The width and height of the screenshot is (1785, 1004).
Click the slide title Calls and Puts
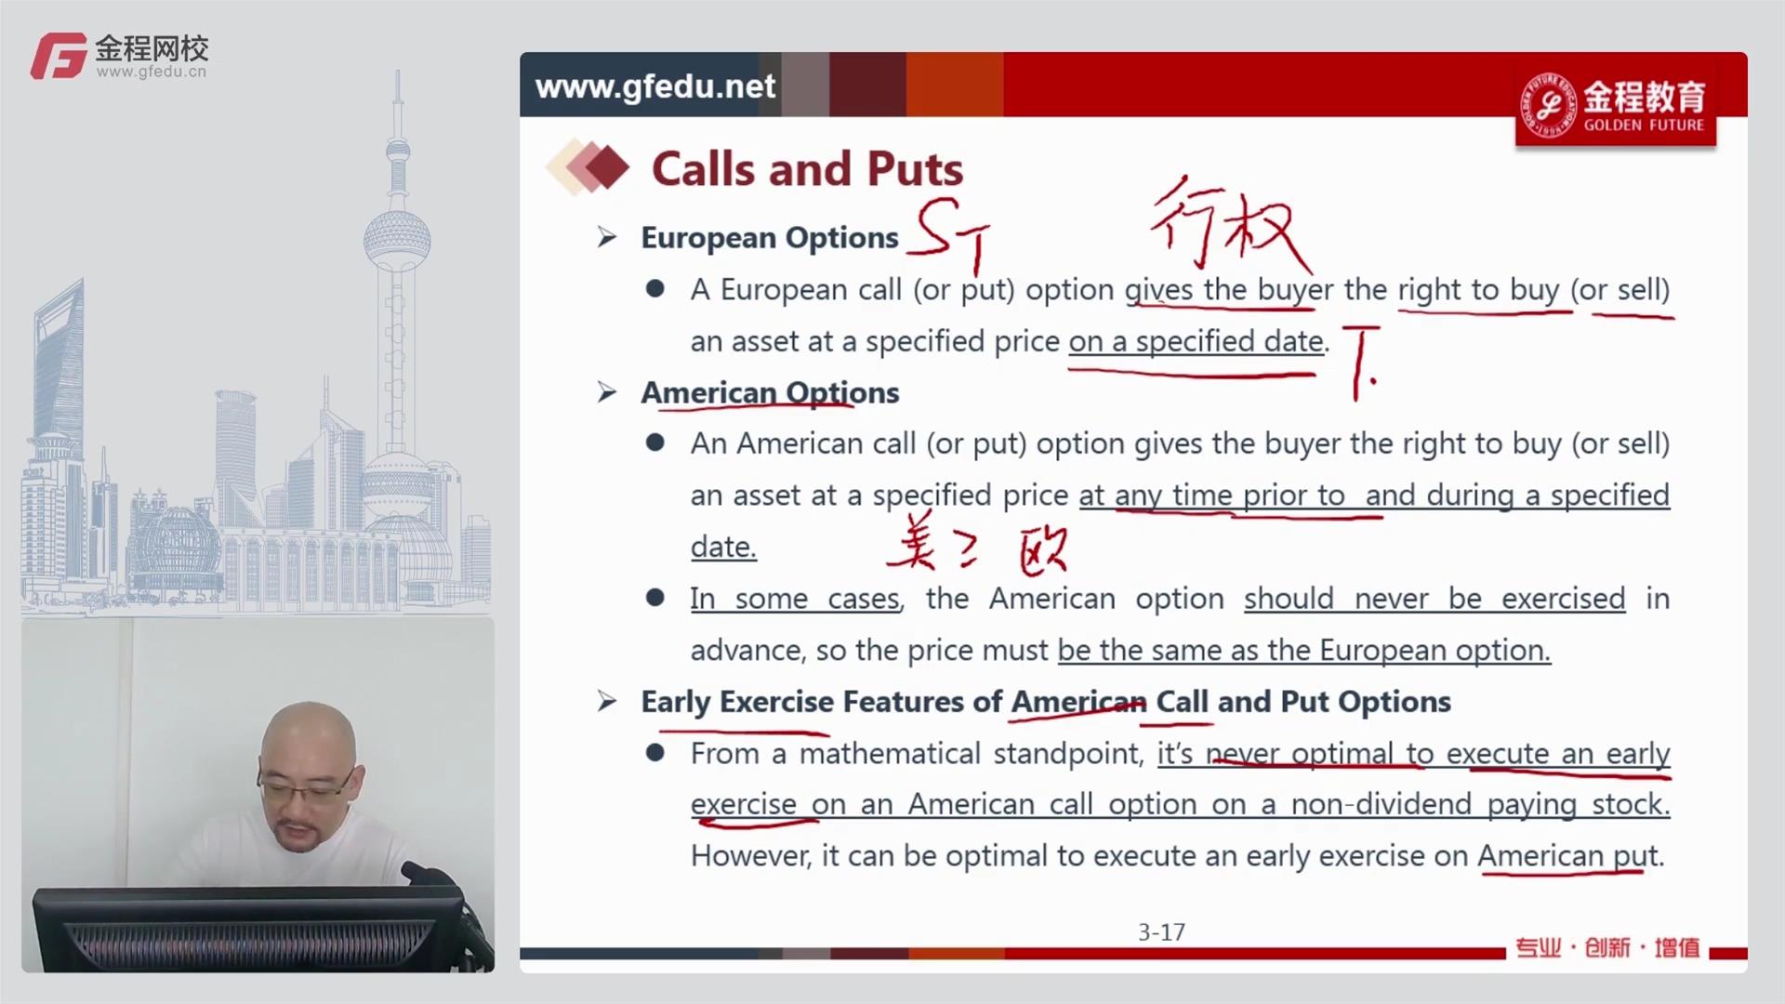click(807, 169)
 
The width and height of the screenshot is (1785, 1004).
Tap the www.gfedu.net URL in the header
click(655, 86)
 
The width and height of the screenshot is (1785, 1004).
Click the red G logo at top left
click(59, 56)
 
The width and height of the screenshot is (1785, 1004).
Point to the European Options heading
click(770, 238)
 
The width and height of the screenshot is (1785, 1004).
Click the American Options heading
click(770, 392)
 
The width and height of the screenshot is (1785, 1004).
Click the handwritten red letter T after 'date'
click(1362, 362)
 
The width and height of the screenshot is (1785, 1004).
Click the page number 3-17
click(1161, 932)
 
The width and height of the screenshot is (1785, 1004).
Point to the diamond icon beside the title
click(588, 167)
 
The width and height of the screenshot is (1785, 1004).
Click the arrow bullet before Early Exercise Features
click(607, 701)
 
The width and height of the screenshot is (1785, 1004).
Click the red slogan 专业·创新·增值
click(1607, 947)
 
